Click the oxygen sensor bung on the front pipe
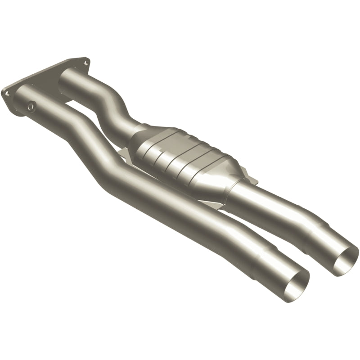31,106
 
